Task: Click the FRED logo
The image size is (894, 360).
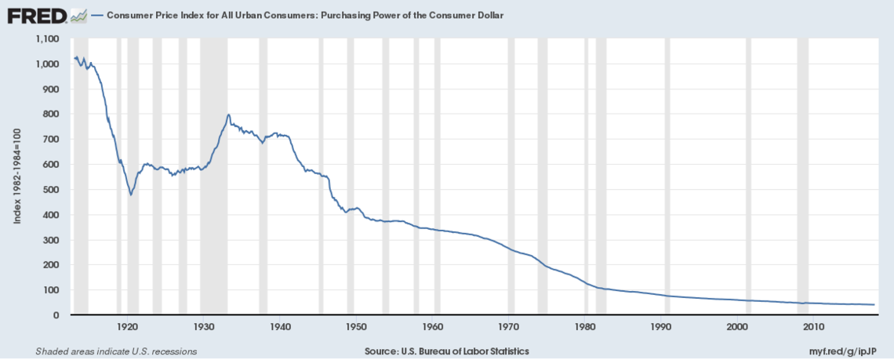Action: tap(36, 15)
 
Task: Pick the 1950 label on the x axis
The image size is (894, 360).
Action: tap(355, 325)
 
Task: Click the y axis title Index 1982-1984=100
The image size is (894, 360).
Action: tap(17, 176)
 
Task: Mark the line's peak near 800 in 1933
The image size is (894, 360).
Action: tap(228, 115)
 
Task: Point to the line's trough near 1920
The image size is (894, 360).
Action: tap(131, 195)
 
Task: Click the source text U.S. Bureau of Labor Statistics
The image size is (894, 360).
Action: tap(447, 351)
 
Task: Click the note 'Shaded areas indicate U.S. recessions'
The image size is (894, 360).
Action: tap(116, 351)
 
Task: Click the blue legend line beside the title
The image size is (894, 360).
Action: tap(97, 16)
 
